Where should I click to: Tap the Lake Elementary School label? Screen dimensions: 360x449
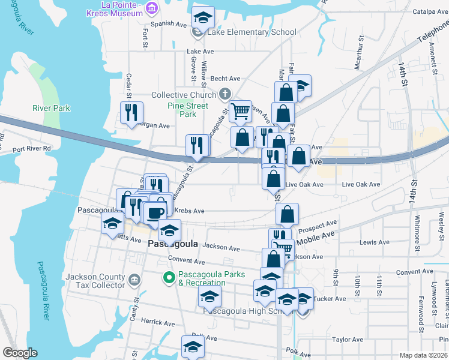click(252, 32)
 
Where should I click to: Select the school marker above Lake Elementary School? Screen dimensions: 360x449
click(203, 17)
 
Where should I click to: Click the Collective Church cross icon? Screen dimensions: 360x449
click(225, 94)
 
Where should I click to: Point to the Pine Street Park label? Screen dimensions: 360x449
click(188, 110)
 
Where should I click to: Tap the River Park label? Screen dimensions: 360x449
click(51, 109)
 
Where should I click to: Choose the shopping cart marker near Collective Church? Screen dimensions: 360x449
click(240, 110)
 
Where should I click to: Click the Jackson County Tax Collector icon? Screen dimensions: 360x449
click(134, 280)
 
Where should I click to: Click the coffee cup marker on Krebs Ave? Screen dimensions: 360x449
click(155, 212)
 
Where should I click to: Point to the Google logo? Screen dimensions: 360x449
click(20, 353)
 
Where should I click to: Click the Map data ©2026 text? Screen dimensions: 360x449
click(423, 355)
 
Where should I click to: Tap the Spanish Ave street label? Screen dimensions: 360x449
click(169, 25)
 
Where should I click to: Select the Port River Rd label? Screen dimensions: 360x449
click(32, 148)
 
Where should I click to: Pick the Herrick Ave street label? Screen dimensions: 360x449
click(157, 322)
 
